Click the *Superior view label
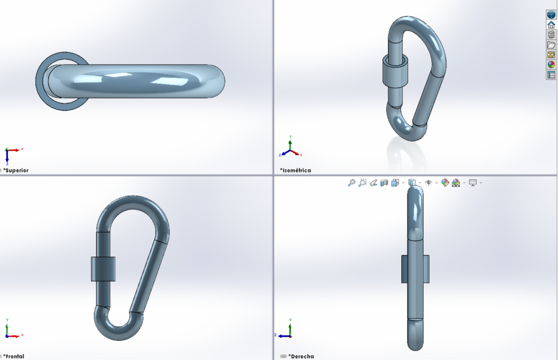pos(16,170)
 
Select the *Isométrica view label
pos(295,170)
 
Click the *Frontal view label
pos(15,356)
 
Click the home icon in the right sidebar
pos(551,25)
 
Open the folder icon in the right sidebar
pos(551,45)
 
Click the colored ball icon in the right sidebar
pos(551,65)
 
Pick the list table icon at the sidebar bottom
pos(551,75)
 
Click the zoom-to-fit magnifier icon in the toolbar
pos(352,183)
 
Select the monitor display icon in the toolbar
pos(473,183)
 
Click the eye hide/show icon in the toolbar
pos(429,183)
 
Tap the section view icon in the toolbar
pos(384,183)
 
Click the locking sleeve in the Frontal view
pos(103,269)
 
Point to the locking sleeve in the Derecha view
pos(415,269)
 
